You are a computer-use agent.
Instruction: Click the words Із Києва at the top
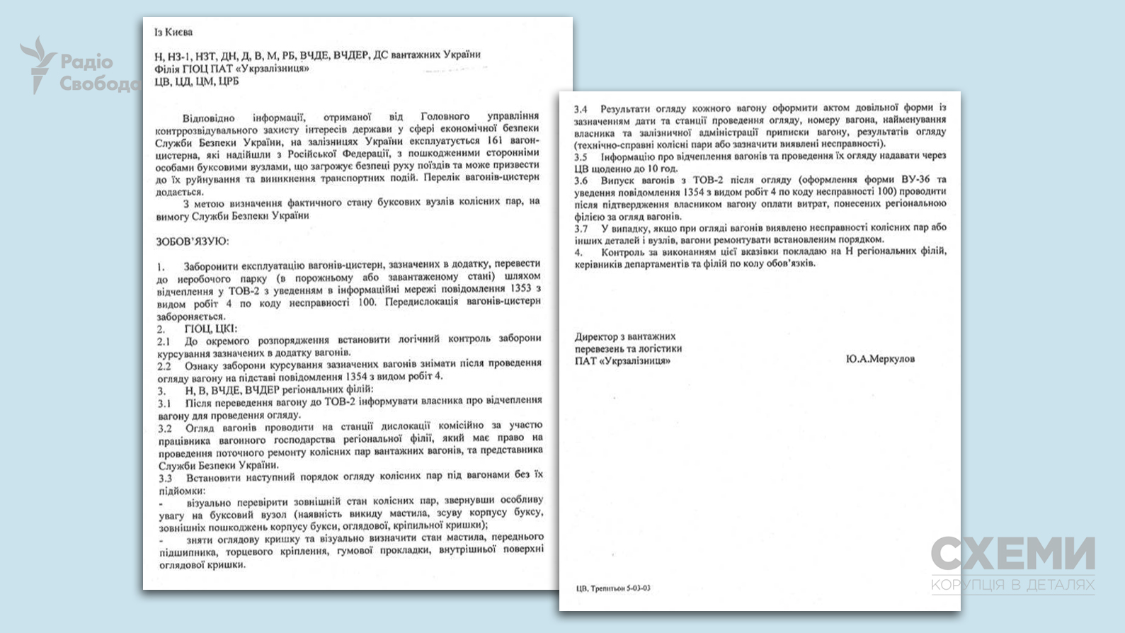click(x=173, y=32)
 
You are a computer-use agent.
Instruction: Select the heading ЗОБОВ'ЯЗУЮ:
click(x=192, y=241)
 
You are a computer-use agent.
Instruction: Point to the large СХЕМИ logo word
click(x=1012, y=554)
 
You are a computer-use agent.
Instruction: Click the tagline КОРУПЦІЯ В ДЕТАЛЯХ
click(x=1012, y=585)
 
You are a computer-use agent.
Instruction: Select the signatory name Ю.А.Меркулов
click(x=880, y=359)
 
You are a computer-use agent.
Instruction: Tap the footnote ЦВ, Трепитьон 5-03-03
click(x=613, y=588)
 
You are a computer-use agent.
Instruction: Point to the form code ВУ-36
click(x=915, y=180)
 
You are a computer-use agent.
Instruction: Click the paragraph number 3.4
click(x=581, y=109)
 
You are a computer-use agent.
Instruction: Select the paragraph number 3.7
click(x=581, y=229)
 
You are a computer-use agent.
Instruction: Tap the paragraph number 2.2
click(x=164, y=366)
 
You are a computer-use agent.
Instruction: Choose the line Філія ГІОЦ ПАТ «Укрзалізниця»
click(x=232, y=68)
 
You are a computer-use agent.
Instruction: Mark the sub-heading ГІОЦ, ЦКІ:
click(x=210, y=329)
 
